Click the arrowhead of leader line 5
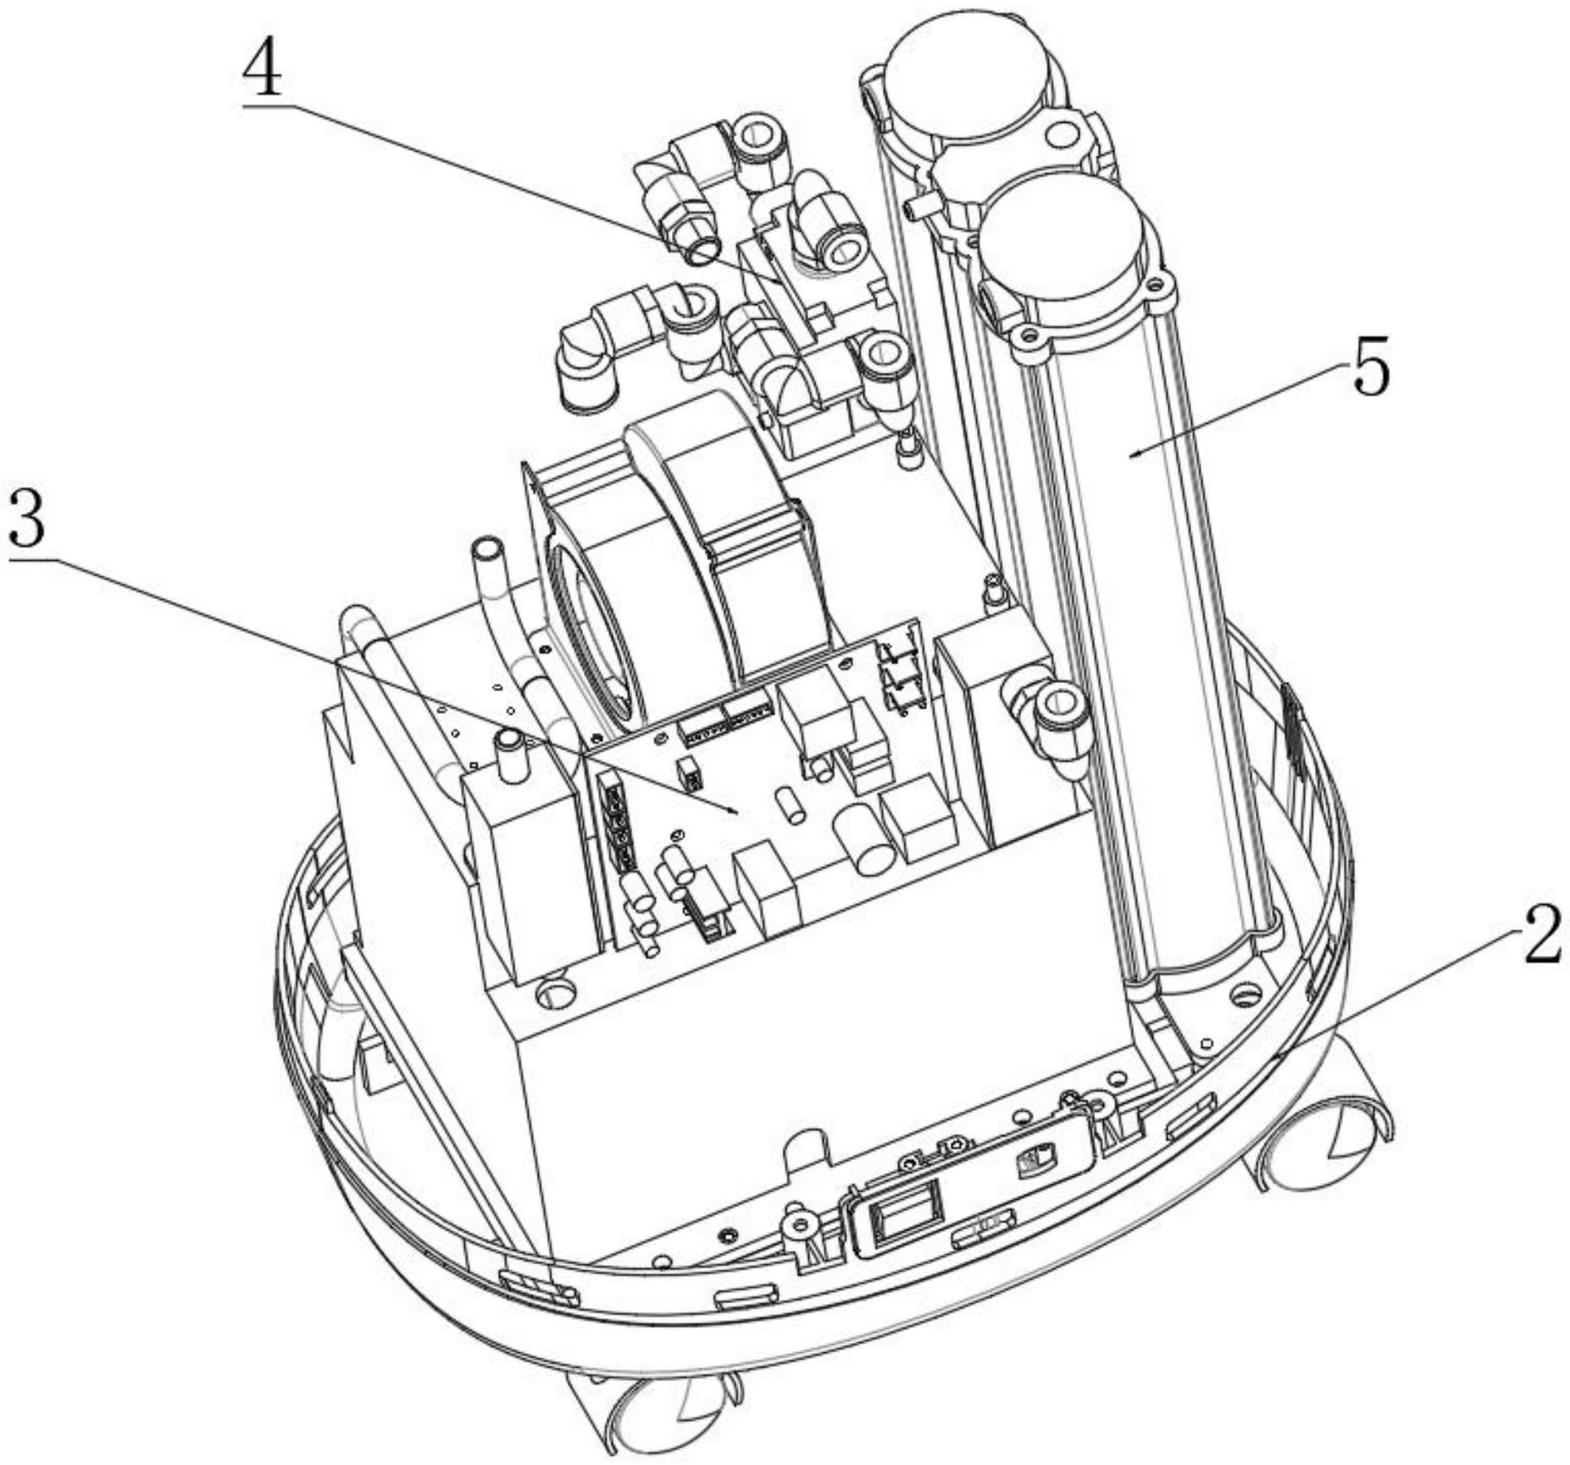(1130, 455)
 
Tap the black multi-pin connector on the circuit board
(618, 822)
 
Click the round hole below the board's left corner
(554, 989)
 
